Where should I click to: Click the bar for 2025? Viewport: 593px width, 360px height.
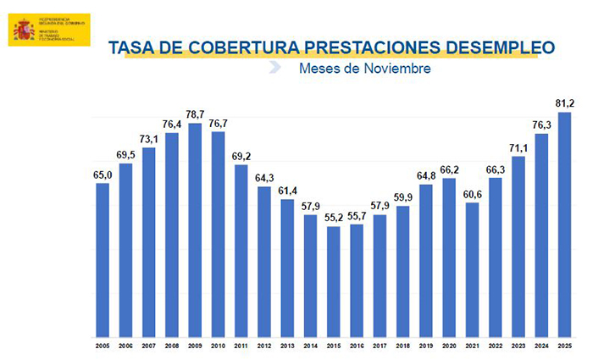pyautogui.click(x=563, y=224)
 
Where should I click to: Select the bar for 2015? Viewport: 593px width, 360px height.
pyautogui.click(x=333, y=281)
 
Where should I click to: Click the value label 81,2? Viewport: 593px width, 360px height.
pyautogui.click(x=564, y=103)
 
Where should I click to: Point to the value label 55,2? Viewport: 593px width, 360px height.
pyautogui.click(x=333, y=218)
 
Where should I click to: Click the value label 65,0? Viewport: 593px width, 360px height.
pyautogui.click(x=103, y=174)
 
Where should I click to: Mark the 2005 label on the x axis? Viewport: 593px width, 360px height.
pyautogui.click(x=103, y=346)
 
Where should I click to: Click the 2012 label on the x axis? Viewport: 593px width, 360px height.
pyautogui.click(x=263, y=346)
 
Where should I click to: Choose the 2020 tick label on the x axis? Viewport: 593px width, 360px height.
pyautogui.click(x=448, y=346)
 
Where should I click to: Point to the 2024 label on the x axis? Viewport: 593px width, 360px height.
pyautogui.click(x=540, y=346)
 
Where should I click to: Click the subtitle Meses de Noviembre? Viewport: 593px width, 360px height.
pyautogui.click(x=364, y=68)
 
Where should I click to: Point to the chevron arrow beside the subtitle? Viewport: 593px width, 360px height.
pyautogui.click(x=274, y=68)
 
